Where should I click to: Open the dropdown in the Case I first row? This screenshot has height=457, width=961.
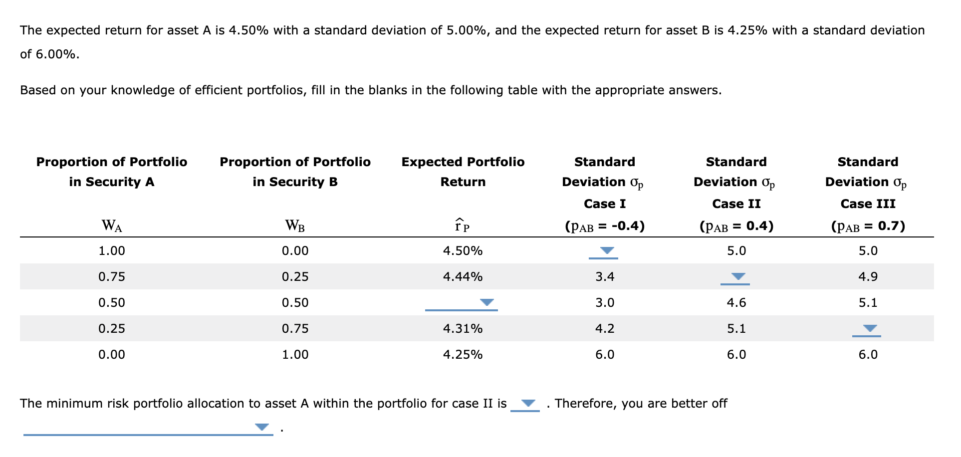coord(604,251)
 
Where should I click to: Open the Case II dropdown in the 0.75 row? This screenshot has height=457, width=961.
coord(735,277)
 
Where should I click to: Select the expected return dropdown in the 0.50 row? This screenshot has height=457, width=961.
coord(462,303)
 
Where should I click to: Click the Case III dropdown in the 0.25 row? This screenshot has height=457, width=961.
coord(867,329)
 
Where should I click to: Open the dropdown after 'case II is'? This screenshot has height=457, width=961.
coord(525,404)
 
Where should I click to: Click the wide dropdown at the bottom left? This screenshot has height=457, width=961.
coord(148,428)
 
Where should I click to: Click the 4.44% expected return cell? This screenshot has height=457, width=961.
coord(463,277)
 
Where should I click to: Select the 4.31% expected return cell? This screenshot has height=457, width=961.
coord(463,329)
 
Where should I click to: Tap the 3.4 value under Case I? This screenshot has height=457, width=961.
coord(605,277)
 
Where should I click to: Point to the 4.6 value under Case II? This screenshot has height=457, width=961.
coord(736,303)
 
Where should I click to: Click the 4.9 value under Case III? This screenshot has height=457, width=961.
coord(868,277)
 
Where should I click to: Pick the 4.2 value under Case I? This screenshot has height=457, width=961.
coord(605,329)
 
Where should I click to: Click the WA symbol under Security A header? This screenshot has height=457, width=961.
coord(112,226)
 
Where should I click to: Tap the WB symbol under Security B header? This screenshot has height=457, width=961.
coord(295,226)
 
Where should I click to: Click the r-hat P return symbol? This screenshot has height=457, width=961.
coord(462,226)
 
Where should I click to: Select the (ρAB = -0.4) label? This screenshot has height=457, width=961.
coord(605,227)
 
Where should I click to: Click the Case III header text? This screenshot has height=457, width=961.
coord(868,204)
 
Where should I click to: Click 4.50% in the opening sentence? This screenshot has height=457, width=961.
coord(248,30)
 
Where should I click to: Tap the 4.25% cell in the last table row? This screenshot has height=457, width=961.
coord(463,355)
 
